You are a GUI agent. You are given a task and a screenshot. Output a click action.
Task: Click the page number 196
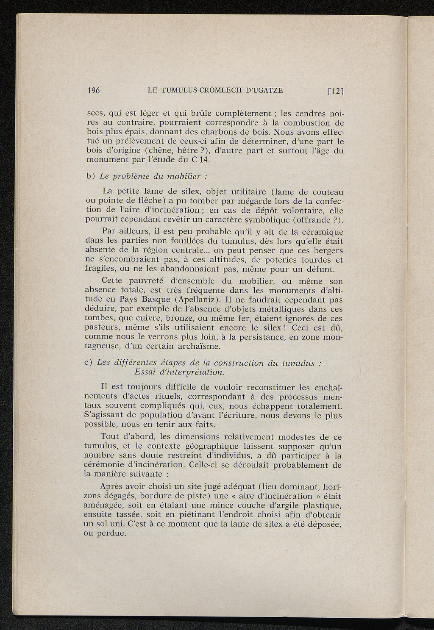point(93,90)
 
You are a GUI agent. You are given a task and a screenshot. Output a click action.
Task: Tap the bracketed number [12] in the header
point(335,91)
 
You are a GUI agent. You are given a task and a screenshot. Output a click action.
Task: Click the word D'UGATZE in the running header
point(263,90)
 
